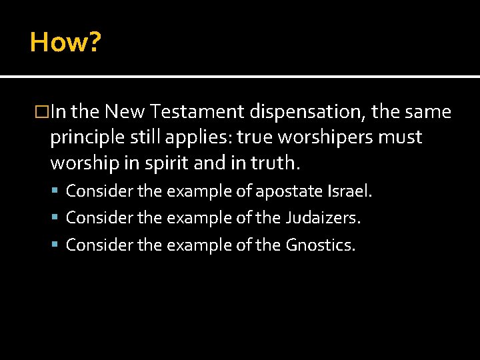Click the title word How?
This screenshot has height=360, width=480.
pyautogui.click(x=65, y=43)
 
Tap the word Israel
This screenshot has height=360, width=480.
pyautogui.click(x=350, y=191)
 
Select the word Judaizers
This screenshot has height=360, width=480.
pyautogui.click(x=324, y=218)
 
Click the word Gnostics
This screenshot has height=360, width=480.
pyautogui.click(x=321, y=245)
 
